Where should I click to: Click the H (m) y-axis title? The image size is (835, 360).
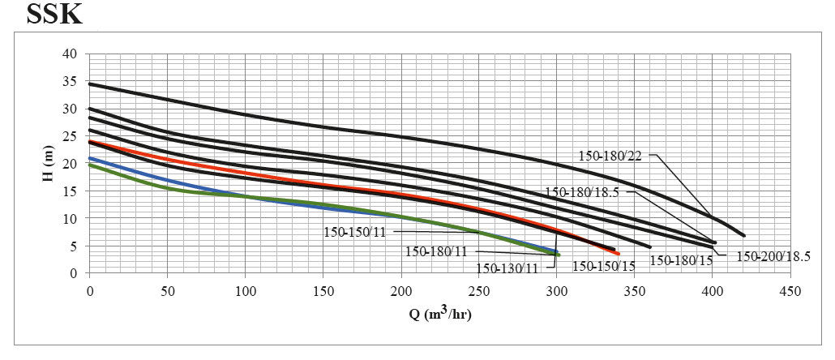49,164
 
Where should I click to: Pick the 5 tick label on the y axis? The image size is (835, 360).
73,246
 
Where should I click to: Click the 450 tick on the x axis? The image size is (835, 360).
790,290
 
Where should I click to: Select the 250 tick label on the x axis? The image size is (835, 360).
478,290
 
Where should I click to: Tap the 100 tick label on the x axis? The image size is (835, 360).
245,290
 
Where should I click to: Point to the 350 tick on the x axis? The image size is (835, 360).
634,290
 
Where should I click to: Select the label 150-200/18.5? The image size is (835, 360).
773,256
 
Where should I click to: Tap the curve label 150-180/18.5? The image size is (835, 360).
581,193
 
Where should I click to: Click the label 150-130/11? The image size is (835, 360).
507,268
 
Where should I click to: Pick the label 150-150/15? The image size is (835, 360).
604,264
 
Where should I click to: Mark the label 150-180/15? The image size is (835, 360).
681,260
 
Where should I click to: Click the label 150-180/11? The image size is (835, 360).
437,251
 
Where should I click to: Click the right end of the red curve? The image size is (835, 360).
618,254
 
